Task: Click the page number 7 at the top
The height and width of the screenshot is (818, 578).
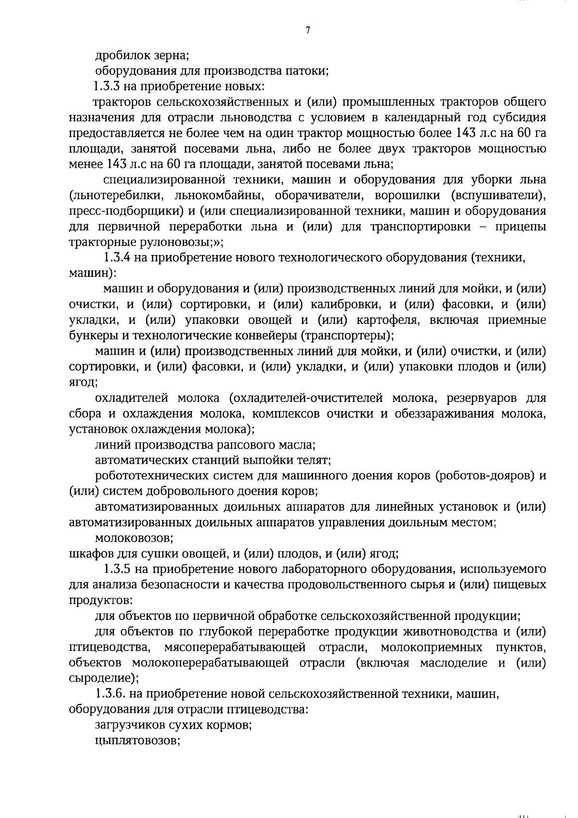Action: (x=308, y=30)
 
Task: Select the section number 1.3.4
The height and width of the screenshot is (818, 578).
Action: (x=117, y=257)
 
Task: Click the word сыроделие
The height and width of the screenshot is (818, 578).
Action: (x=103, y=678)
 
